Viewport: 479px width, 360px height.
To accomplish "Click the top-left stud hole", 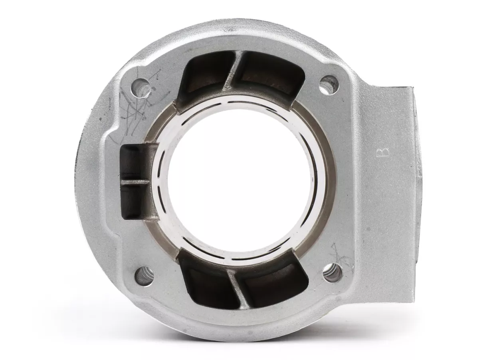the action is [x=141, y=87].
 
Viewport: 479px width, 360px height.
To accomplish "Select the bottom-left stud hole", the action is [x=144, y=276].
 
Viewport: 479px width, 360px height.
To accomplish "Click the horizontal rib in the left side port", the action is [x=136, y=182].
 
